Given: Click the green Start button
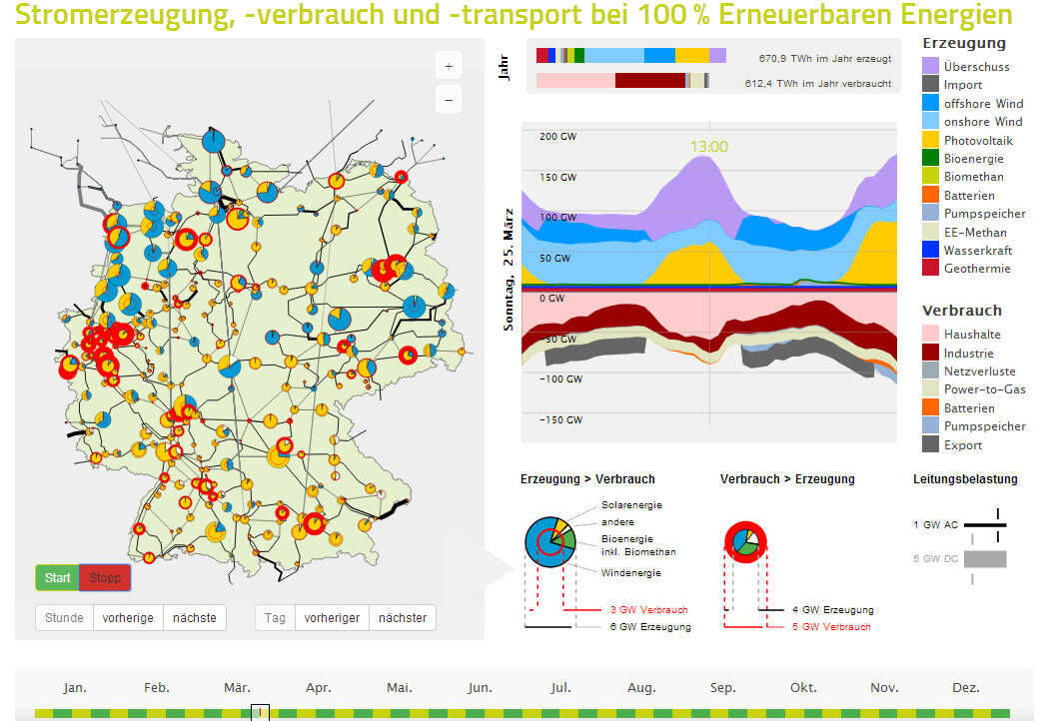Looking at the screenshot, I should pyautogui.click(x=57, y=577).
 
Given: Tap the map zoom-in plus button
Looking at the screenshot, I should pyautogui.click(x=449, y=67).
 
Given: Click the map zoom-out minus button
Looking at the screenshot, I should pyautogui.click(x=449, y=99).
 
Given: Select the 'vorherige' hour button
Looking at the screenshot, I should pyautogui.click(x=128, y=617).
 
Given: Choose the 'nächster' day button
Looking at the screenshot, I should pyautogui.click(x=403, y=617).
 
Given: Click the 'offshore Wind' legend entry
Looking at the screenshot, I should pyautogui.click(x=983, y=103).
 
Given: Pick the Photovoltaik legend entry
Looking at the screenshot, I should pyautogui.click(x=980, y=140).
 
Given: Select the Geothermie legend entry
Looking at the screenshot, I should pyautogui.click(x=977, y=268).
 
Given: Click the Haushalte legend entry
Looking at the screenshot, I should pyautogui.click(x=972, y=334).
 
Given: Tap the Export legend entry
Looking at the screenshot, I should pyautogui.click(x=963, y=444).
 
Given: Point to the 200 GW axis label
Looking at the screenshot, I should pyautogui.click(x=557, y=136).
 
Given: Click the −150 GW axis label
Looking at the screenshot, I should pyautogui.click(x=561, y=419).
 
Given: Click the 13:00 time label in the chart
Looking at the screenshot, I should pyautogui.click(x=708, y=146).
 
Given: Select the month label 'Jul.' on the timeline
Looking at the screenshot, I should pyautogui.click(x=560, y=687).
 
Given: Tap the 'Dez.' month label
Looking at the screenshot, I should pyautogui.click(x=966, y=687).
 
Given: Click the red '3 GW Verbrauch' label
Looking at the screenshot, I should pyautogui.click(x=648, y=609).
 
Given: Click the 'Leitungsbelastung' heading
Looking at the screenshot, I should pyautogui.click(x=965, y=478).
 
